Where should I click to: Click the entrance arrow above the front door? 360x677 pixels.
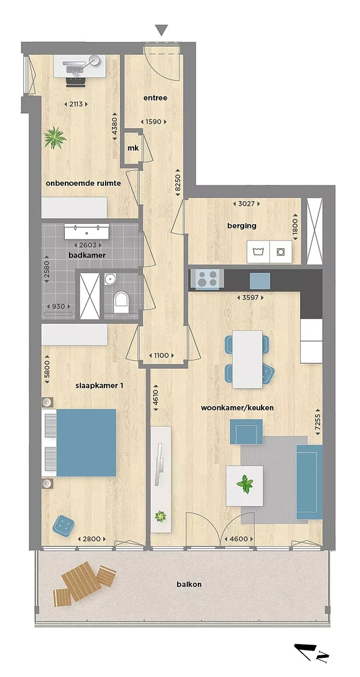pyautogui.click(x=161, y=30)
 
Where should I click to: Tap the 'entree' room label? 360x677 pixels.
pyautogui.click(x=155, y=98)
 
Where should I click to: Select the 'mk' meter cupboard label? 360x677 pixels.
pyautogui.click(x=133, y=148)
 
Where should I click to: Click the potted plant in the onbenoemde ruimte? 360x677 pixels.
pyautogui.click(x=55, y=138)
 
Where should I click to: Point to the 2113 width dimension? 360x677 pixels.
pyautogui.click(x=76, y=104)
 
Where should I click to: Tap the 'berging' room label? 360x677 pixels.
pyautogui.click(x=242, y=225)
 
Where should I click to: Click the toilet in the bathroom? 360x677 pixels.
pyautogui.click(x=121, y=302)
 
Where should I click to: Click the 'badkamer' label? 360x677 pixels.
pyautogui.click(x=87, y=255)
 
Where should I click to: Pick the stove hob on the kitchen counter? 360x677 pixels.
pyautogui.click(x=206, y=278)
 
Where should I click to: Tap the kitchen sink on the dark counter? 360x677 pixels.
pyautogui.click(x=260, y=281)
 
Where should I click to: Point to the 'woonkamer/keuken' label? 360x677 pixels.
pyautogui.click(x=237, y=408)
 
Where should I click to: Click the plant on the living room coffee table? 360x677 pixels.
pyautogui.click(x=245, y=484)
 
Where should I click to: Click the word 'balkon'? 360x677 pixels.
pyautogui.click(x=189, y=585)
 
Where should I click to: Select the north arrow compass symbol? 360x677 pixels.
pyautogui.click(x=310, y=652)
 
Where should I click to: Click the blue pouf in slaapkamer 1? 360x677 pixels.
pyautogui.click(x=64, y=526)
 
